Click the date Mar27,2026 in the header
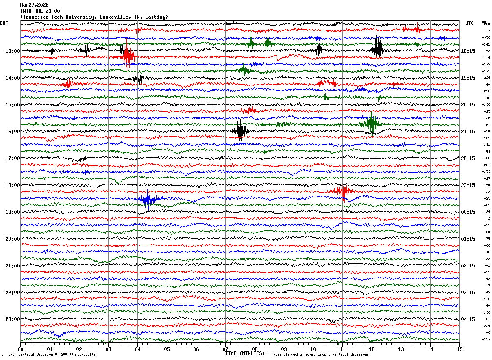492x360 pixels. pyautogui.click(x=34, y=5)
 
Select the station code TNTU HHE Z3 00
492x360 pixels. pyautogui.click(x=40, y=11)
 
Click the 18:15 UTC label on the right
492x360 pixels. pyautogui.click(x=468, y=51)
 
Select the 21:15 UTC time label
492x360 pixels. pyautogui.click(x=468, y=132)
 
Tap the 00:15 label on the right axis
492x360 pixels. pyautogui.click(x=468, y=212)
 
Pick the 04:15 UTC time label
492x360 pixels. pyautogui.click(x=468, y=319)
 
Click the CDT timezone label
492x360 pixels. pyautogui.click(x=4, y=23)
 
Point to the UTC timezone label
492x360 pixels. pyautogui.click(x=470, y=23)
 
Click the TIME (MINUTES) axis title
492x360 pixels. pyautogui.click(x=245, y=353)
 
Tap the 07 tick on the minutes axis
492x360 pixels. pyautogui.click(x=225, y=349)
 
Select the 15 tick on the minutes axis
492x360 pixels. pyautogui.click(x=459, y=349)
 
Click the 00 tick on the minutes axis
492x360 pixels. pyautogui.click(x=20, y=349)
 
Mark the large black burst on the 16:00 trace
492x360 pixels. pyautogui.click(x=240, y=131)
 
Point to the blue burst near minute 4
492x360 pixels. pyautogui.click(x=147, y=199)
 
